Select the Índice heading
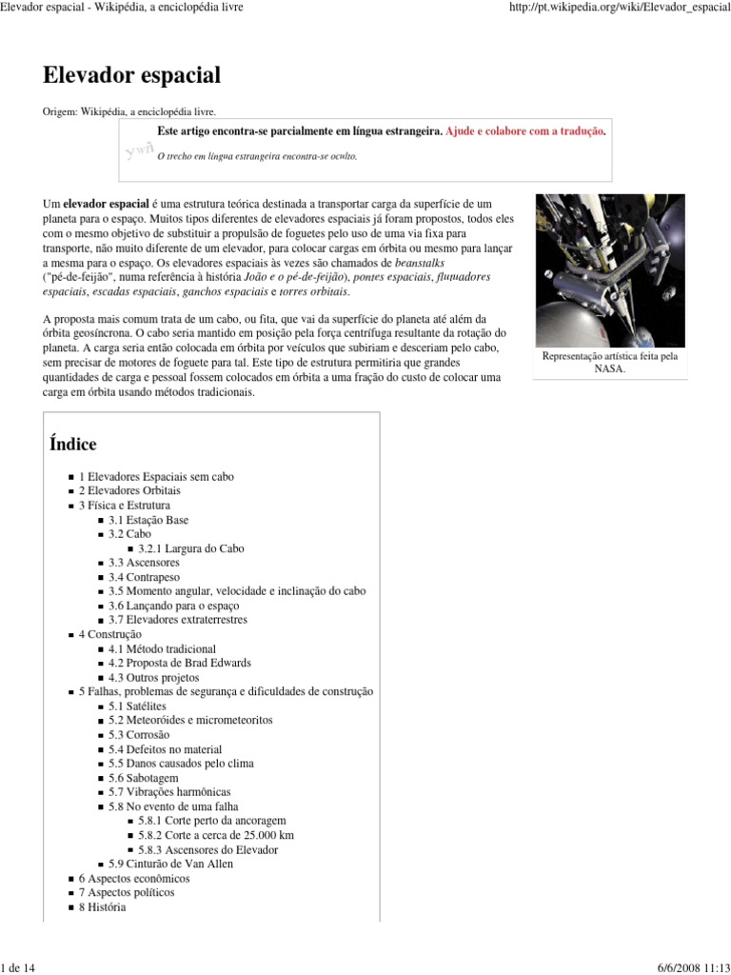click(x=72, y=444)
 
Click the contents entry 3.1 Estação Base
click(x=148, y=520)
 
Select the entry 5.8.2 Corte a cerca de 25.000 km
click(x=215, y=835)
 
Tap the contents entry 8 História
click(x=102, y=907)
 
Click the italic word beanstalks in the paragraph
click(x=419, y=262)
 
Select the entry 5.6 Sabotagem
click(x=148, y=778)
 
